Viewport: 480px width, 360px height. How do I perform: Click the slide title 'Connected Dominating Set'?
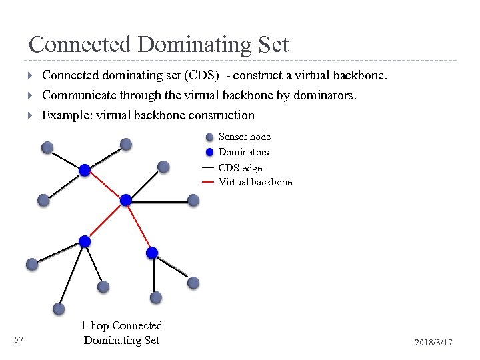(x=159, y=45)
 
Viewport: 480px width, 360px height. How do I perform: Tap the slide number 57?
(x=19, y=341)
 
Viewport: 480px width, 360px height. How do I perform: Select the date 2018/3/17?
(x=433, y=342)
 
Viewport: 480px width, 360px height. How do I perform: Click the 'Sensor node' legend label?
(x=245, y=137)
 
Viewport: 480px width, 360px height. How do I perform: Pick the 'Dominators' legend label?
(x=243, y=152)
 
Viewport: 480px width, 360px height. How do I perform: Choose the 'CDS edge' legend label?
(x=240, y=168)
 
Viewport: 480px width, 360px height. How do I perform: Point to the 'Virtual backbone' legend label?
(x=255, y=182)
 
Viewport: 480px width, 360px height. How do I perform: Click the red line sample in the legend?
(x=207, y=182)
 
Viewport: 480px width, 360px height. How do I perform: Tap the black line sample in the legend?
(x=207, y=167)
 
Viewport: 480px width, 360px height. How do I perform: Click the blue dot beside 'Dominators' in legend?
(x=210, y=151)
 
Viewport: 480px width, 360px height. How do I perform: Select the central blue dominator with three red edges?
(x=125, y=199)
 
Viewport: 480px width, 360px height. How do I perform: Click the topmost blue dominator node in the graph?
(x=85, y=170)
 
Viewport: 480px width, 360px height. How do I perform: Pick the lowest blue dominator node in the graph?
(x=152, y=253)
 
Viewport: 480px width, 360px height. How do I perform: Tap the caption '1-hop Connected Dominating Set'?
(x=121, y=333)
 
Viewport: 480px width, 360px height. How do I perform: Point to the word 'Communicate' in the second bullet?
(x=75, y=95)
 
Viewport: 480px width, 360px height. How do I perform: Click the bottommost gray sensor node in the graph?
(x=59, y=309)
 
